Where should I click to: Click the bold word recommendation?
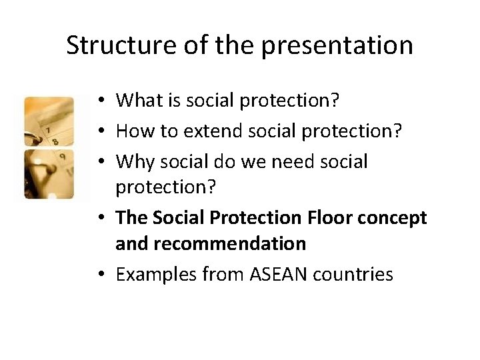tap(211, 243)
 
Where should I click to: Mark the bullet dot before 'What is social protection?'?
tap(99, 101)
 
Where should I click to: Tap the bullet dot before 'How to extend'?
tap(99, 132)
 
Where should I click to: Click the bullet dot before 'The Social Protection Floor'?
tap(99, 219)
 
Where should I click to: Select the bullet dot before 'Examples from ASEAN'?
tap(99, 275)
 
